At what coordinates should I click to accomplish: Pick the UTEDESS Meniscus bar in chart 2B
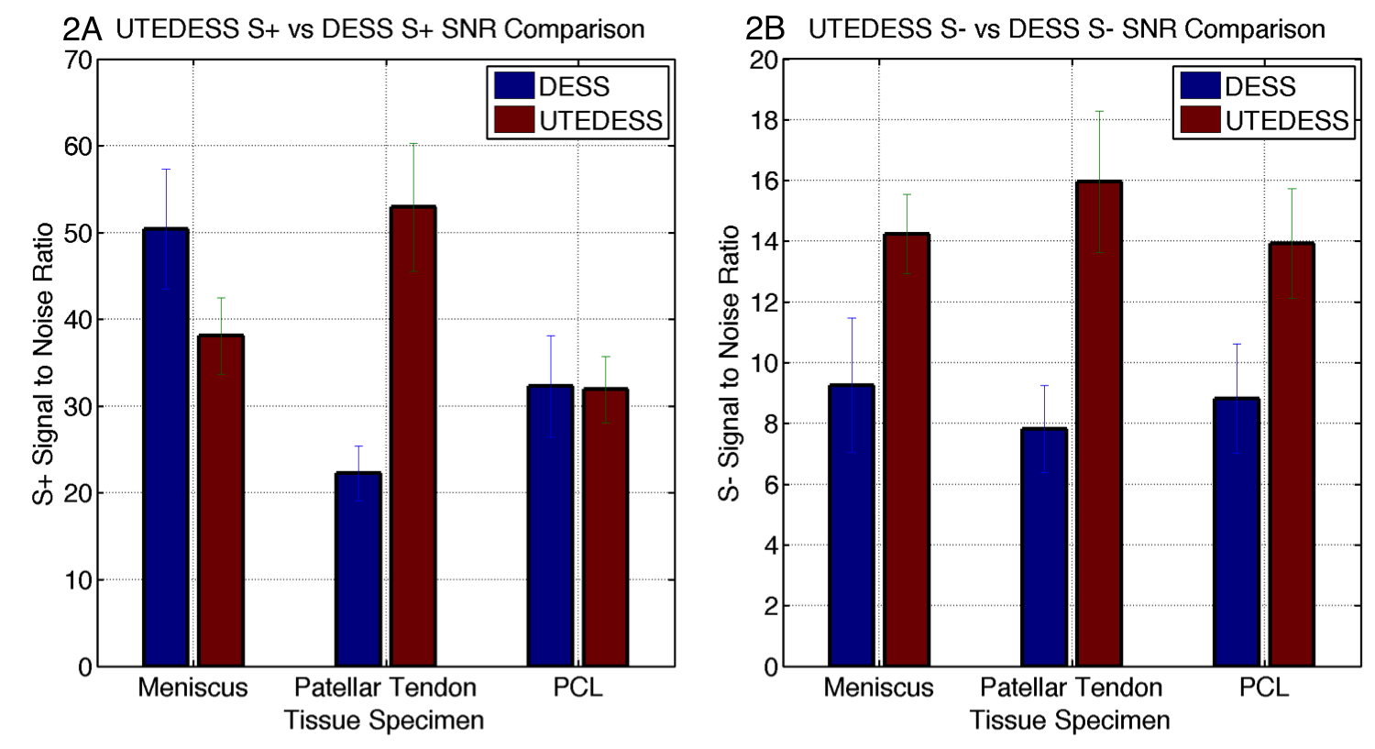[907, 450]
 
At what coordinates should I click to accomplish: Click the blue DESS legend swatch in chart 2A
[514, 85]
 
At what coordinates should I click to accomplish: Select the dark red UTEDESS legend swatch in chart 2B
[1200, 119]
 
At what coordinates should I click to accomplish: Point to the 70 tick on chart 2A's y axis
[79, 61]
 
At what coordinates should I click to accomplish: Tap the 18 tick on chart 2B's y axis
[764, 121]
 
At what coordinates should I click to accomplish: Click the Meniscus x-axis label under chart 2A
[192, 688]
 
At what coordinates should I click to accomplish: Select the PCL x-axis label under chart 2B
[1264, 688]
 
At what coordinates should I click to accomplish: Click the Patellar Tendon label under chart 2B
[1071, 688]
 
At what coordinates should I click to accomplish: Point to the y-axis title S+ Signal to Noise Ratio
[44, 363]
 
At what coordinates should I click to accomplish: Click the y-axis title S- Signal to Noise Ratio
[729, 363]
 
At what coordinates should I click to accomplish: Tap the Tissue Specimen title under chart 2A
[384, 721]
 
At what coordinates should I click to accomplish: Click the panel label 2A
[82, 29]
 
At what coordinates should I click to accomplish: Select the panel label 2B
[765, 29]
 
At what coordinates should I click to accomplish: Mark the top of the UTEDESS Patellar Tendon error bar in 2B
[1099, 112]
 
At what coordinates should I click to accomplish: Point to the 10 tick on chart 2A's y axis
[79, 580]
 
